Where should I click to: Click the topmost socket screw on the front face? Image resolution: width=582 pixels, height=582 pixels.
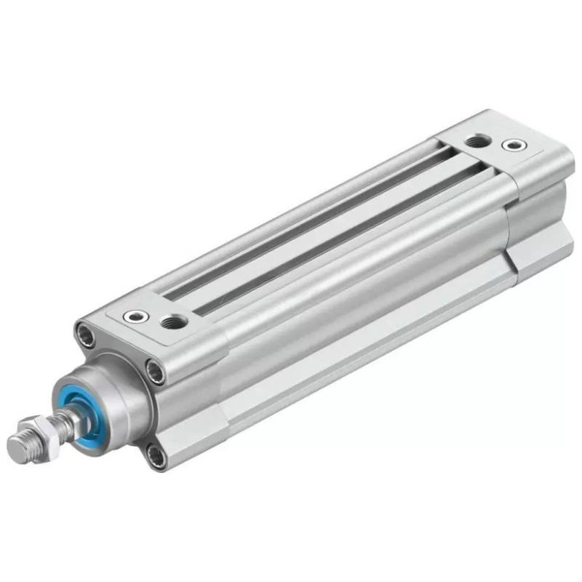pyautogui.click(x=85, y=335)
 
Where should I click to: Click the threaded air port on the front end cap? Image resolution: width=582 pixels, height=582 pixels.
pyautogui.click(x=174, y=320)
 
